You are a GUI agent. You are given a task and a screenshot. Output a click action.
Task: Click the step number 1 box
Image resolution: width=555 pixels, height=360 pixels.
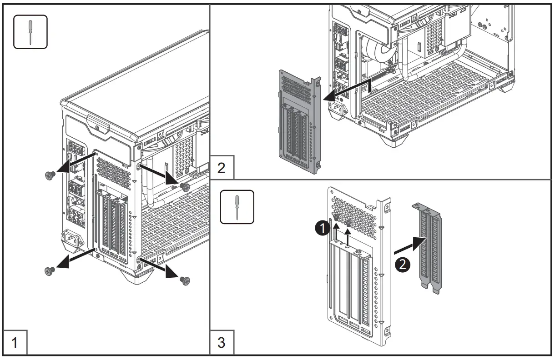[x=15, y=342]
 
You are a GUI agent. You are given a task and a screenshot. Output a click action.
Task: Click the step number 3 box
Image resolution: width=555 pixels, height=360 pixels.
[x=222, y=342]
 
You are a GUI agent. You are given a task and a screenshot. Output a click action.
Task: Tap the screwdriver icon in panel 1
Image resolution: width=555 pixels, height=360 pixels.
[x=30, y=31]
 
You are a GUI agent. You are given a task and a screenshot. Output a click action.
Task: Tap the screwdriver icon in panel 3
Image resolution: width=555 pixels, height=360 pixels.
[x=237, y=207]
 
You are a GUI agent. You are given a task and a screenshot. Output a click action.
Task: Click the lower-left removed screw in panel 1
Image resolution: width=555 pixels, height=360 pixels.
[x=49, y=271]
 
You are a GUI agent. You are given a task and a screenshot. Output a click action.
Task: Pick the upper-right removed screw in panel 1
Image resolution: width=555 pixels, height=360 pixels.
[x=185, y=187]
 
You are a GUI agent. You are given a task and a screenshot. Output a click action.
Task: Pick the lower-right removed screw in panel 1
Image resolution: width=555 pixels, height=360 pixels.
[x=185, y=280]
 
